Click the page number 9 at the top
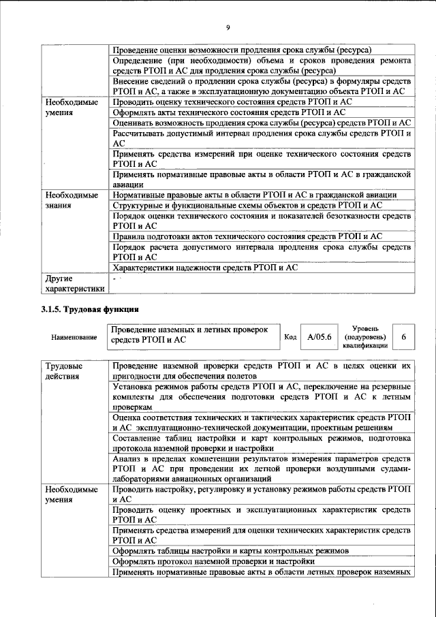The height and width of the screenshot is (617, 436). [x=228, y=27]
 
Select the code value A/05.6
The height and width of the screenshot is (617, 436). [x=319, y=337]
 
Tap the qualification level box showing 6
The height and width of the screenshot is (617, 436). [x=403, y=337]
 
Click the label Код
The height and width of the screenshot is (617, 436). [x=290, y=337]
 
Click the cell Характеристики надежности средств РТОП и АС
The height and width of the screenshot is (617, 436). [x=205, y=268]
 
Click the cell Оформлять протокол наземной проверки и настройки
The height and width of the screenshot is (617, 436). [x=213, y=561]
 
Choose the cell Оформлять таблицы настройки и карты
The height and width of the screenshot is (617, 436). [x=231, y=550]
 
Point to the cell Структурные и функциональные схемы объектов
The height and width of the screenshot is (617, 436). [x=247, y=205]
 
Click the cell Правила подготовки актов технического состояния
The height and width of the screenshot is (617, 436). [x=247, y=236]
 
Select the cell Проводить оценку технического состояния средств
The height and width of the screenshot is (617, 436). [x=232, y=101]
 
